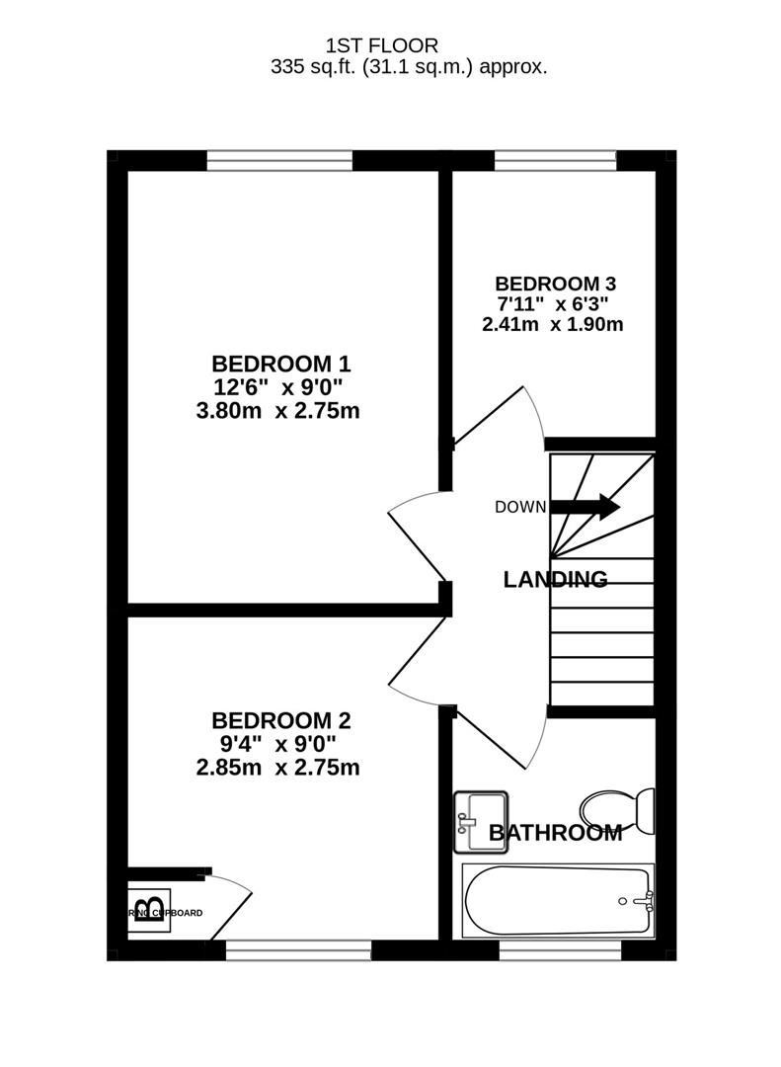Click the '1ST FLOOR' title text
pos(381,45)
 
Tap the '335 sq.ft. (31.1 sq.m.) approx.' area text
pos(409,67)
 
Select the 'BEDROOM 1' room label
pos(281,363)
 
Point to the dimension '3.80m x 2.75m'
pos(277,410)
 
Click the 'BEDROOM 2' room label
pos(281,720)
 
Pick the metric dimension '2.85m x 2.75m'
pos(277,768)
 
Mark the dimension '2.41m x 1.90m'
pos(552,323)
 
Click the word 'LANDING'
pos(555,580)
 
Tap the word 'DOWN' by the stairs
pos(520,508)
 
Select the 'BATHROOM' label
pos(556,833)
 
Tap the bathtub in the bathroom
pos(557,900)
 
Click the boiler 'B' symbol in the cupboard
pos(149,907)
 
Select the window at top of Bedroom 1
pos(279,160)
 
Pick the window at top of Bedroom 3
pos(555,160)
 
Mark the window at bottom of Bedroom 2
pos(298,950)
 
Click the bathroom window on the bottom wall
pos(560,950)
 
